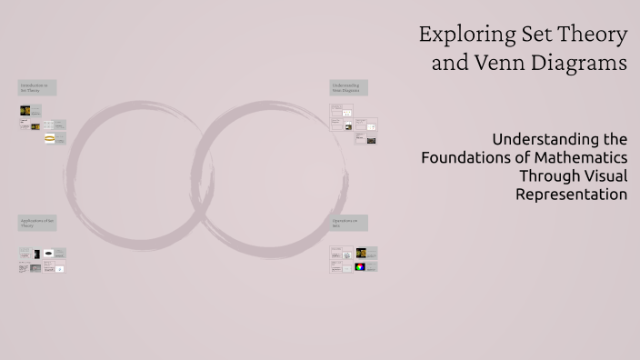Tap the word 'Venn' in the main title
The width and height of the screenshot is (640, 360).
click(x=500, y=64)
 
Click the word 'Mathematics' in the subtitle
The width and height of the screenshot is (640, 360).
click(x=581, y=157)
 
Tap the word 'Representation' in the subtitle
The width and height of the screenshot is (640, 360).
click(x=571, y=194)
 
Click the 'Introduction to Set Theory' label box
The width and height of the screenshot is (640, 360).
click(x=37, y=87)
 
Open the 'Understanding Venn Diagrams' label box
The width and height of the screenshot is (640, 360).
click(x=348, y=87)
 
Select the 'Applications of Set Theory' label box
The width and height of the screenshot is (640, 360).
click(x=37, y=223)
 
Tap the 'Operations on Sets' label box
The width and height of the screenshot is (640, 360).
click(x=348, y=223)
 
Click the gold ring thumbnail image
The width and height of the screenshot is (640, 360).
click(x=49, y=138)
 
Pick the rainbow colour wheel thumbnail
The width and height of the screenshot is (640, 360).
click(x=360, y=266)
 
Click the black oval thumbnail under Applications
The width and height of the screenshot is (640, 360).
click(x=48, y=254)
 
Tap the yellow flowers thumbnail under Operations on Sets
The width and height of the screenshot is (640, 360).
click(x=361, y=253)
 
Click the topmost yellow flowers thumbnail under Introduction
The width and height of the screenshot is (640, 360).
click(x=25, y=110)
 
